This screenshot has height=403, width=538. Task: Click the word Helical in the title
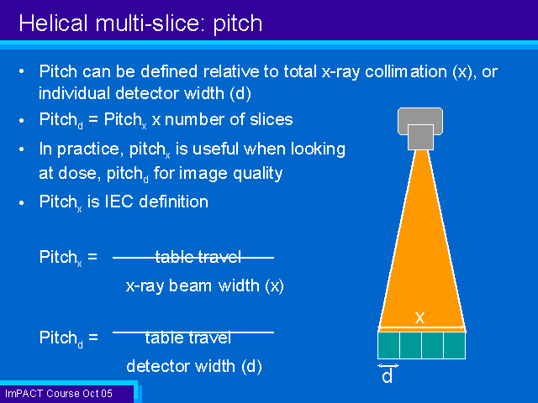tap(53, 24)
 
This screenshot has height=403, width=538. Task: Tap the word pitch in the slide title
tap(238, 24)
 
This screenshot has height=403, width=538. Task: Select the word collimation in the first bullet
tap(405, 71)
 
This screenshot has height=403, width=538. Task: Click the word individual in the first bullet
tap(74, 93)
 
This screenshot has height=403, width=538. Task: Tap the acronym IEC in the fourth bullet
tap(119, 201)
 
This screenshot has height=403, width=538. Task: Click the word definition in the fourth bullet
tap(174, 201)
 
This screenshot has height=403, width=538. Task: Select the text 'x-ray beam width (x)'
tap(205, 285)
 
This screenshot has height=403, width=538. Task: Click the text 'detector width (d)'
tap(194, 366)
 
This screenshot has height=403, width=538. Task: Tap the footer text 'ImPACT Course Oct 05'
tap(59, 393)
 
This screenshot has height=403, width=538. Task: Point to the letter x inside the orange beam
tap(419, 318)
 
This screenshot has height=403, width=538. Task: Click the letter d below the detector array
tap(387, 376)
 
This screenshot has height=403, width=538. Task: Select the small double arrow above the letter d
tap(388, 366)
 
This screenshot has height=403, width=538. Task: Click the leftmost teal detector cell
tap(388, 345)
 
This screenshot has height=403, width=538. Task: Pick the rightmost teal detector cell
tap(455, 345)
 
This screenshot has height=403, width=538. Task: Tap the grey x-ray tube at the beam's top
tap(420, 128)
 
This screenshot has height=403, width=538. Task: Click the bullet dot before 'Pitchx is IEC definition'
tap(22, 203)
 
